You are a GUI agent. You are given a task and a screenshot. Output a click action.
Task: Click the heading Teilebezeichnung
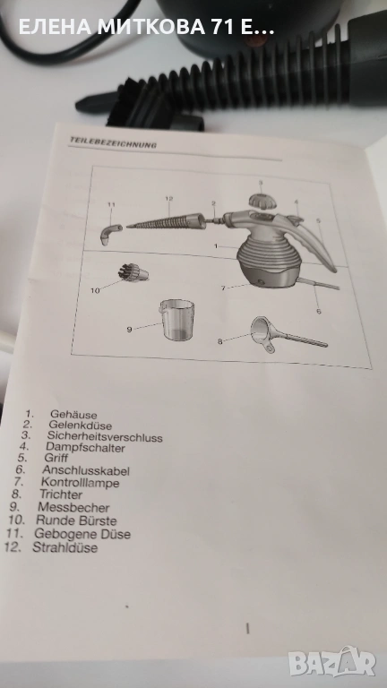pyautogui.click(x=113, y=142)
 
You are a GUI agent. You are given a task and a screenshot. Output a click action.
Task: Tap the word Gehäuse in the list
pyautogui.click(x=73, y=414)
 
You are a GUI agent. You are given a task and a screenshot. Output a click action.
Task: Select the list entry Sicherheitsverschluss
pyautogui.click(x=105, y=437)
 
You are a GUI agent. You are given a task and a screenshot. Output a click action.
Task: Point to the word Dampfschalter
pyautogui.click(x=85, y=448)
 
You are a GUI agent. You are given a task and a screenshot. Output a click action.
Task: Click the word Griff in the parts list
pyautogui.click(x=56, y=458)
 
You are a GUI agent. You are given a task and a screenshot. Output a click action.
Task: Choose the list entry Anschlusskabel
pyautogui.click(x=86, y=470)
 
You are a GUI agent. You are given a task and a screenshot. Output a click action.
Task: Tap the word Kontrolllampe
pyautogui.click(x=80, y=483)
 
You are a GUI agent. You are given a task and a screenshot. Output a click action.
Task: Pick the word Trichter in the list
pyautogui.click(x=61, y=494)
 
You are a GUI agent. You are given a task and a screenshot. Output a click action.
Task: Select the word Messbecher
pyautogui.click(x=73, y=507)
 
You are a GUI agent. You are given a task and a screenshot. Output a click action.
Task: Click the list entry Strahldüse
pyautogui.click(x=64, y=547)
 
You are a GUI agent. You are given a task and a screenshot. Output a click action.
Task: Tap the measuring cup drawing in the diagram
pyautogui.click(x=176, y=319)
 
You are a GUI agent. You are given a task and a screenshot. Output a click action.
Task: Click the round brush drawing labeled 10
pyautogui.click(x=133, y=272)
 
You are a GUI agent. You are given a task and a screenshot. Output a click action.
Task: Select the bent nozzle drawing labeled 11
pyautogui.click(x=111, y=234)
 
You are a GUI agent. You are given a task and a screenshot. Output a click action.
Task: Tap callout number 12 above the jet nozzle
pyautogui.click(x=169, y=198)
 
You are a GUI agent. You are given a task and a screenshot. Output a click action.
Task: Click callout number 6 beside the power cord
pyautogui.click(x=319, y=311)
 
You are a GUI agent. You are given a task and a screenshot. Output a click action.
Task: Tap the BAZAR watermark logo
pyautogui.click(x=332, y=662)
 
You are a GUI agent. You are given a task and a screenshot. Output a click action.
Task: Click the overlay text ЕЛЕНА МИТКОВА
pyautogui.click(x=111, y=28)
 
